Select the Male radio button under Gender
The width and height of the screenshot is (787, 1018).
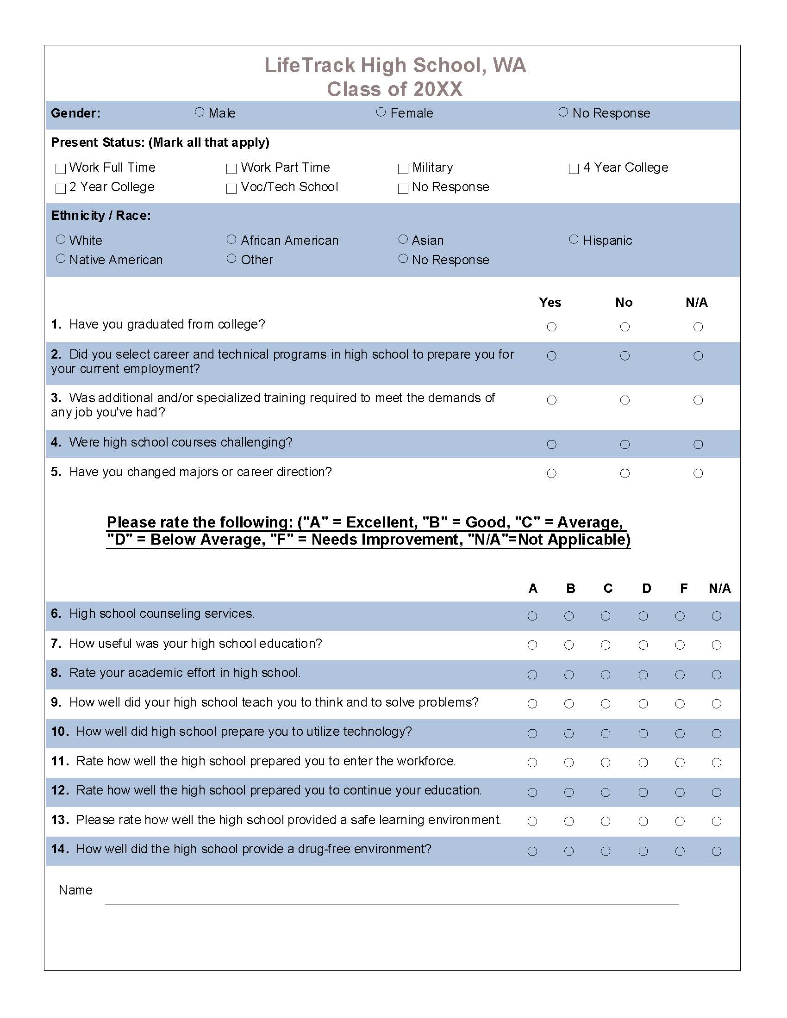pyautogui.click(x=200, y=112)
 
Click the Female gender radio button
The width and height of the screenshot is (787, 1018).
pyautogui.click(x=381, y=112)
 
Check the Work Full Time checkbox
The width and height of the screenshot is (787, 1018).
pyautogui.click(x=61, y=168)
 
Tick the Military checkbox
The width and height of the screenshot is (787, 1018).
pyautogui.click(x=403, y=168)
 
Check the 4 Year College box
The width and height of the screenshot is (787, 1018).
pyautogui.click(x=574, y=168)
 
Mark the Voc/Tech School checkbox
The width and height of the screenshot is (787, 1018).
pyautogui.click(x=231, y=188)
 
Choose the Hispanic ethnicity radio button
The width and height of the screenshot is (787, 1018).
pyautogui.click(x=574, y=239)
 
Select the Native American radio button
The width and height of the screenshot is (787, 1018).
pyautogui.click(x=61, y=258)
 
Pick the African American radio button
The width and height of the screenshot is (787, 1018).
pyautogui.click(x=231, y=239)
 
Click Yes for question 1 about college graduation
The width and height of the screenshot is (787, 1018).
pyautogui.click(x=551, y=327)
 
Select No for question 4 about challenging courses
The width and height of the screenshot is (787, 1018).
pyautogui.click(x=625, y=444)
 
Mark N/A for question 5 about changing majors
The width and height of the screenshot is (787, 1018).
pyautogui.click(x=698, y=473)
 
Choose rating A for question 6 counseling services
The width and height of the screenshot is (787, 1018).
pyautogui.click(x=532, y=616)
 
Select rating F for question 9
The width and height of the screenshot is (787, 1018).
pyautogui.click(x=680, y=703)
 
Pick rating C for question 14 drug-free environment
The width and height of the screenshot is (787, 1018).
pyautogui.click(x=606, y=851)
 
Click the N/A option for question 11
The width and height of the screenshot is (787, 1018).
pyautogui.click(x=717, y=763)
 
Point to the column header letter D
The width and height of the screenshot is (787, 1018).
pyautogui.click(x=646, y=588)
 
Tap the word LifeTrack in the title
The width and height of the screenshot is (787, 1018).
pyautogui.click(x=310, y=65)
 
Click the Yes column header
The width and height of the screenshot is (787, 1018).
pyautogui.click(x=550, y=303)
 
